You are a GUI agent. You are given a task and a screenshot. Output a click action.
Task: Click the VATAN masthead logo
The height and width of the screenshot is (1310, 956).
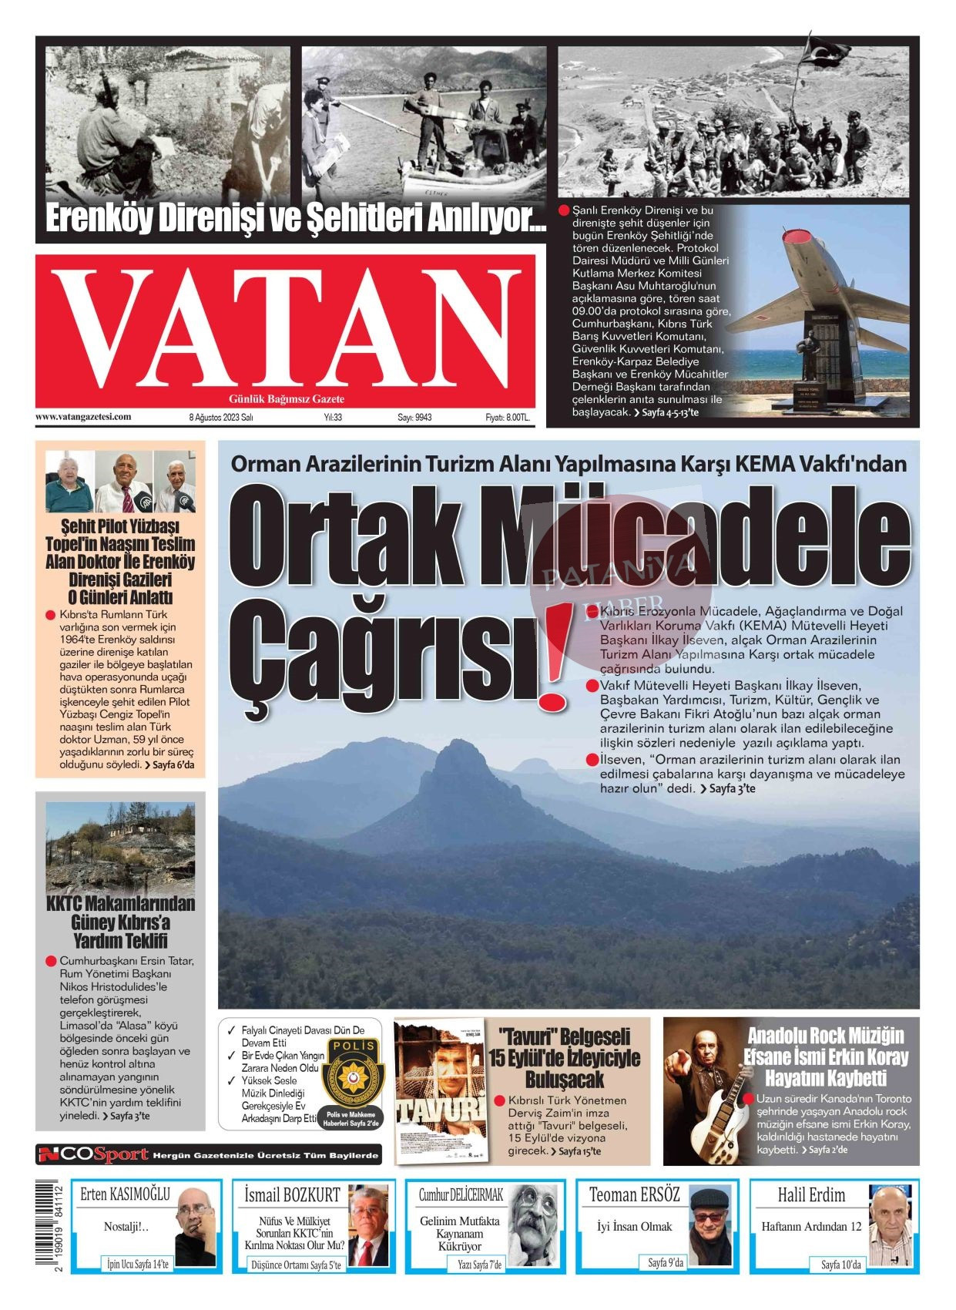[x=285, y=327]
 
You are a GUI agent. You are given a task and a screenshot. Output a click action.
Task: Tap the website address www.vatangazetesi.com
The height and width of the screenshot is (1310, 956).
[x=83, y=417]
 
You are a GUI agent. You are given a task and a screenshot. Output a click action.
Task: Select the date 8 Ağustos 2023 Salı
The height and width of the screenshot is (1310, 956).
[x=221, y=418]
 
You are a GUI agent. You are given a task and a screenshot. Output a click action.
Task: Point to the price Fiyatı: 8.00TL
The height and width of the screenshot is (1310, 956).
[x=507, y=418]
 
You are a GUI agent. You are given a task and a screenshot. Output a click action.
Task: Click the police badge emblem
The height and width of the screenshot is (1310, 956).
[x=351, y=1073]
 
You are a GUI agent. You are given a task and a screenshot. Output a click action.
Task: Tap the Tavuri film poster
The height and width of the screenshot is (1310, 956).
[x=440, y=1090]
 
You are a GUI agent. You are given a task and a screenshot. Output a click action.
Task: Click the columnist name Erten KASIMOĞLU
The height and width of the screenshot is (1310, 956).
[x=125, y=1194]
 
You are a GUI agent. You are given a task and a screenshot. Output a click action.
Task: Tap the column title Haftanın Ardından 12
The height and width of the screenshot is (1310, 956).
[x=811, y=1226]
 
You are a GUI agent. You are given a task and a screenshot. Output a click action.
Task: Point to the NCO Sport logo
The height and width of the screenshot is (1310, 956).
[x=94, y=1154]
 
